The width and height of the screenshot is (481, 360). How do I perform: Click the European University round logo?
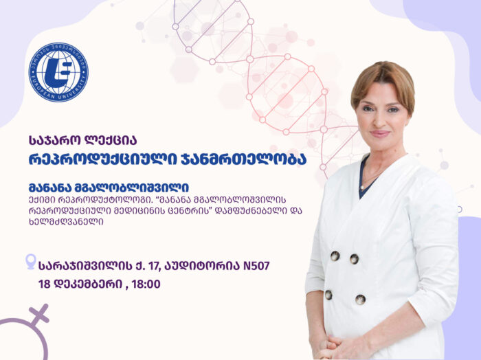point(58,72)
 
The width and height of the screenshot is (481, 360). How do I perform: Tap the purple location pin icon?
point(31,262)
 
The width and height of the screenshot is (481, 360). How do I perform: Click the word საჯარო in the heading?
point(55,140)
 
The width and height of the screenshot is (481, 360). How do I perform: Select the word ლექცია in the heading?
point(111,140)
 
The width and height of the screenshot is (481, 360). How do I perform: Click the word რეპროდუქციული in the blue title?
point(103,160)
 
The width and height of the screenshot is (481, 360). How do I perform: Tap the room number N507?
point(256,266)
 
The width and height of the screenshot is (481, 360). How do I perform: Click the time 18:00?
point(146,284)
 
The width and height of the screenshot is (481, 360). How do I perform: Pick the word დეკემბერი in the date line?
point(89,284)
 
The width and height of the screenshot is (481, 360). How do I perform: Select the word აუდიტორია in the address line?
point(203,266)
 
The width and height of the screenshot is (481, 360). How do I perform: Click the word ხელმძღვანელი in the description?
point(66,222)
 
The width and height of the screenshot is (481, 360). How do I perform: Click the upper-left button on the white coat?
point(335,256)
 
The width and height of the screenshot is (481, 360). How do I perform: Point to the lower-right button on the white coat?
point(360,300)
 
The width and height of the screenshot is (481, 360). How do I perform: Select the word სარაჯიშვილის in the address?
point(85,266)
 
